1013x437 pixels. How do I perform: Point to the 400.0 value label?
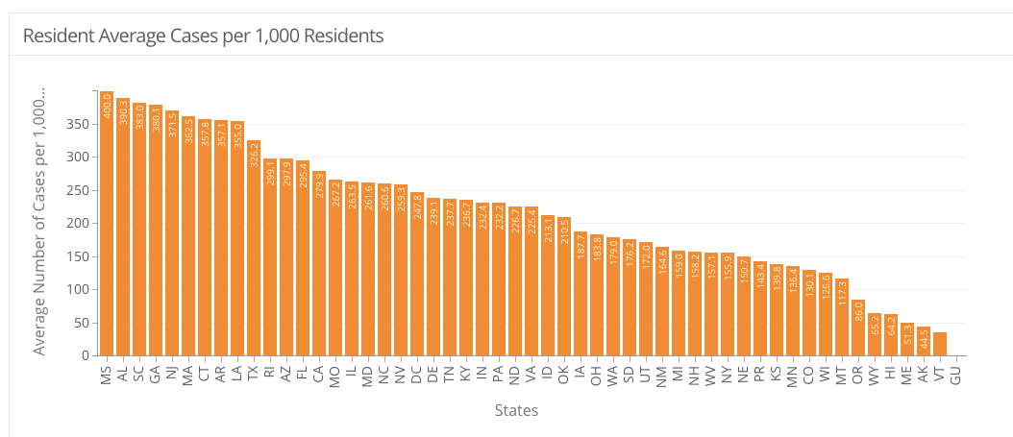(x=108, y=106)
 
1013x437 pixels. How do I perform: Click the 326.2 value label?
(x=254, y=155)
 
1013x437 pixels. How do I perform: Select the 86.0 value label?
(x=858, y=313)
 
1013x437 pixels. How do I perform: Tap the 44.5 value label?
(x=924, y=339)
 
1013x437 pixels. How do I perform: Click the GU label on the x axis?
(x=956, y=375)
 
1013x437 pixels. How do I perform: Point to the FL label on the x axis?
(x=303, y=374)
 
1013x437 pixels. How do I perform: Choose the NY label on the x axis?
(x=728, y=375)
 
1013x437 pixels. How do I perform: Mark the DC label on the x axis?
(x=417, y=375)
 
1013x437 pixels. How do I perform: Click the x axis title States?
(x=516, y=411)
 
